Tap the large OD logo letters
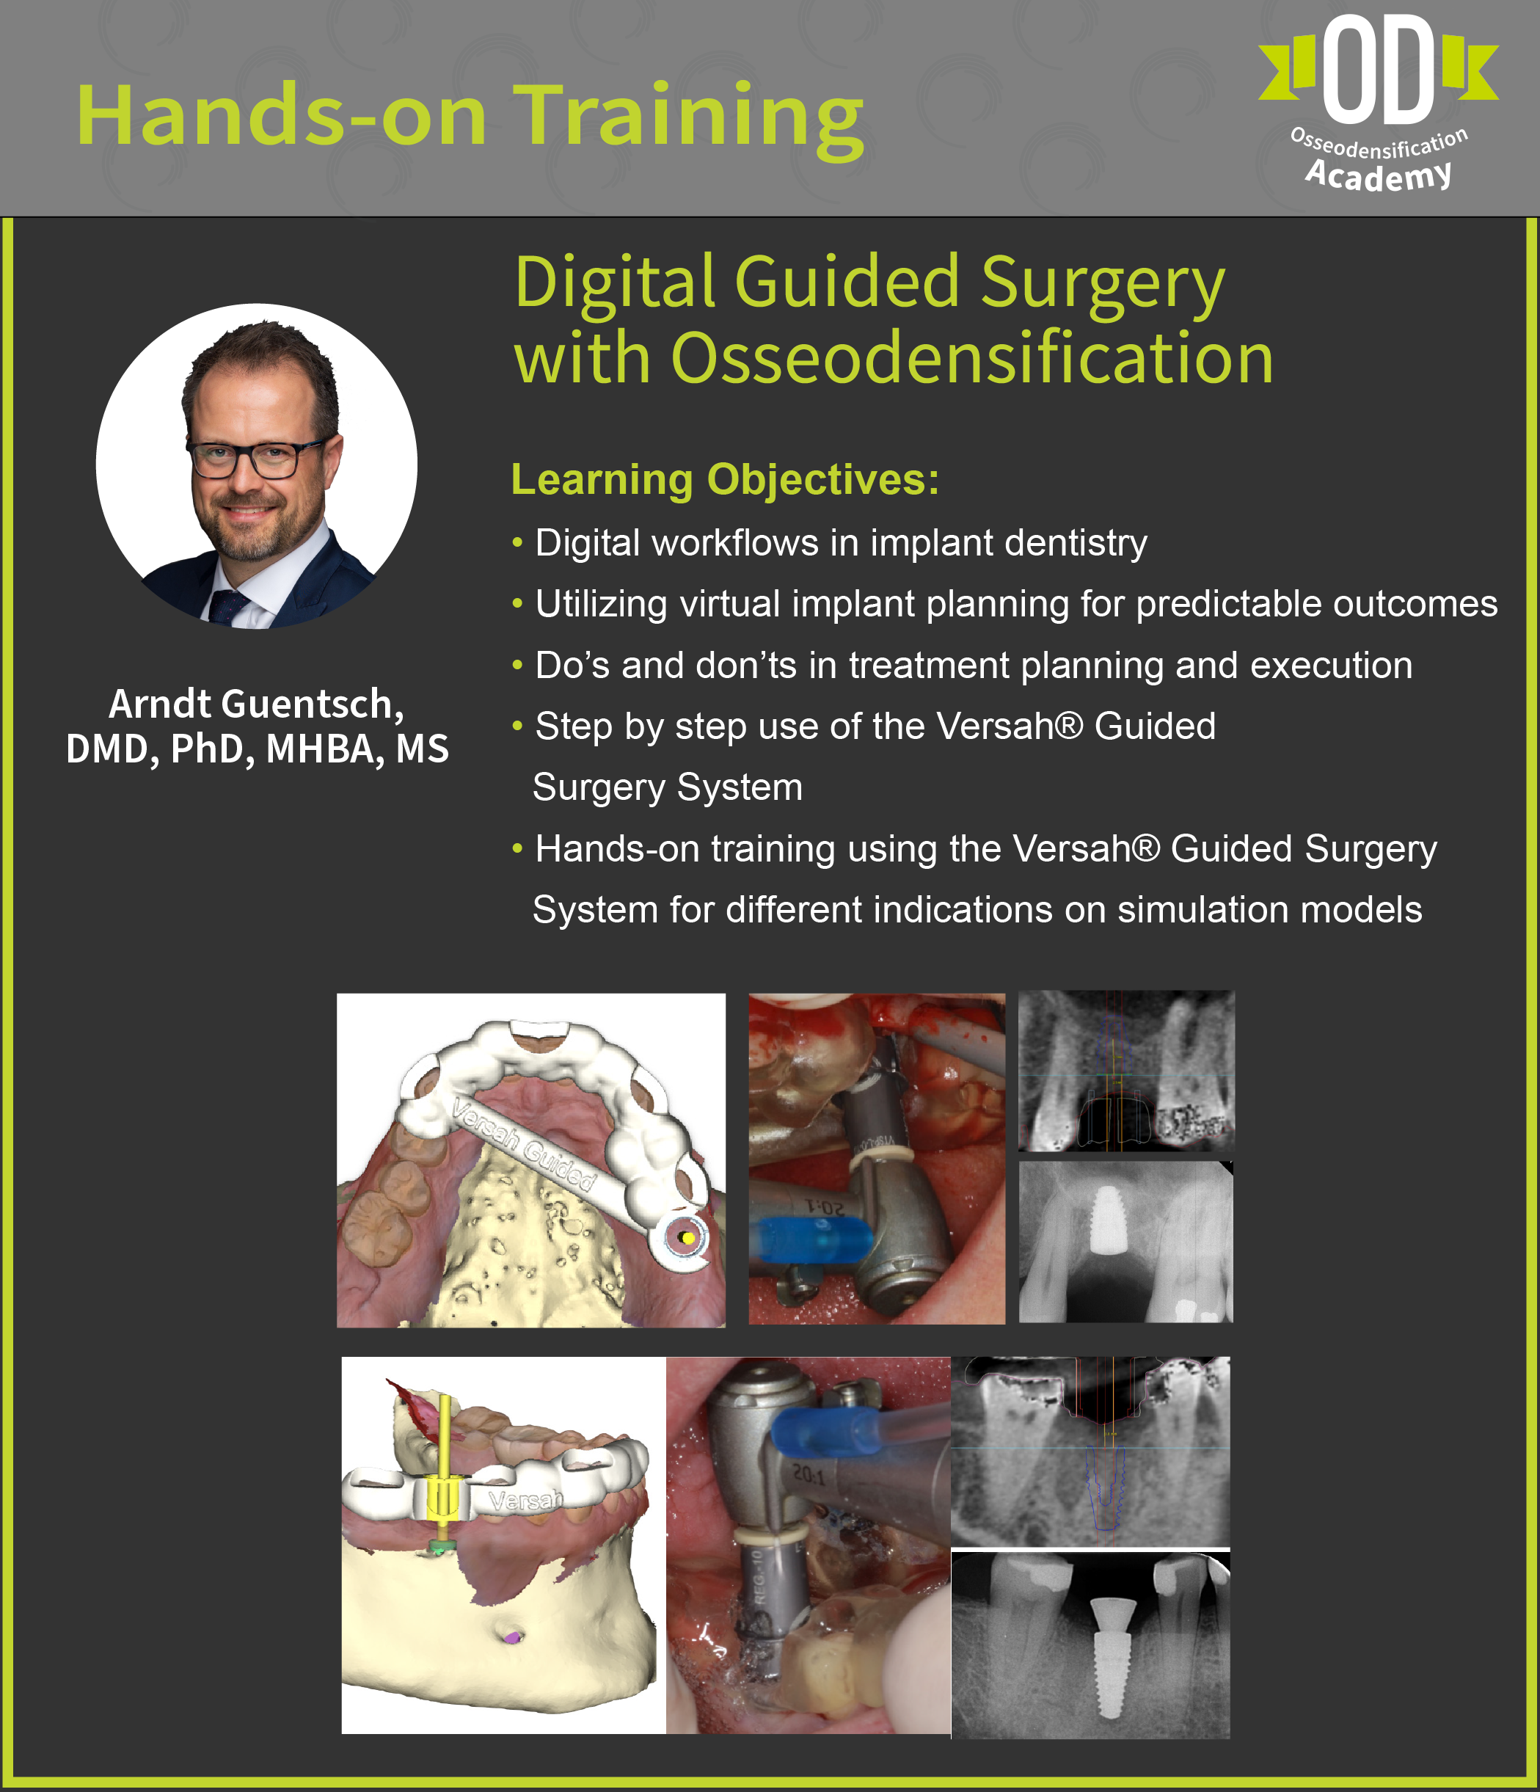(1379, 69)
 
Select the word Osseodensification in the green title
(972, 358)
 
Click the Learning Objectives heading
(725, 480)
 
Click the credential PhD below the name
(213, 749)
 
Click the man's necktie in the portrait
(227, 605)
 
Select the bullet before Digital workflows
(517, 543)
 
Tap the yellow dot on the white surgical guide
(688, 1239)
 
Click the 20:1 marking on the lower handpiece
(809, 1474)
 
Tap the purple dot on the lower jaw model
(514, 1636)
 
